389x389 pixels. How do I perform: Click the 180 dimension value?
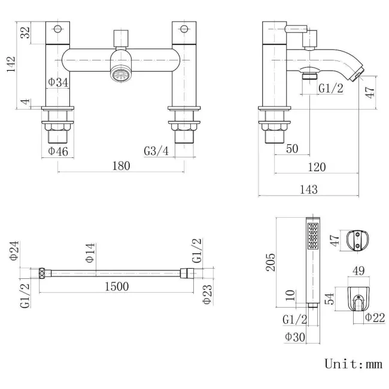(121, 166)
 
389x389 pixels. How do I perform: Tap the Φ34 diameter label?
(57, 82)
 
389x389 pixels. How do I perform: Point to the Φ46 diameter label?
(57, 151)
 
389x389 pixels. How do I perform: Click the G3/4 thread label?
(156, 151)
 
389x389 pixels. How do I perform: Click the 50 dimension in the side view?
(292, 149)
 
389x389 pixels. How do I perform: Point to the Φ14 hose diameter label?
(90, 254)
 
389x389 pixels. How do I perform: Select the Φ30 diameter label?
(294, 338)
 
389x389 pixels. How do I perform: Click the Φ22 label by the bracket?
(375, 317)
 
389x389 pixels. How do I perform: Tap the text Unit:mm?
(352, 363)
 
